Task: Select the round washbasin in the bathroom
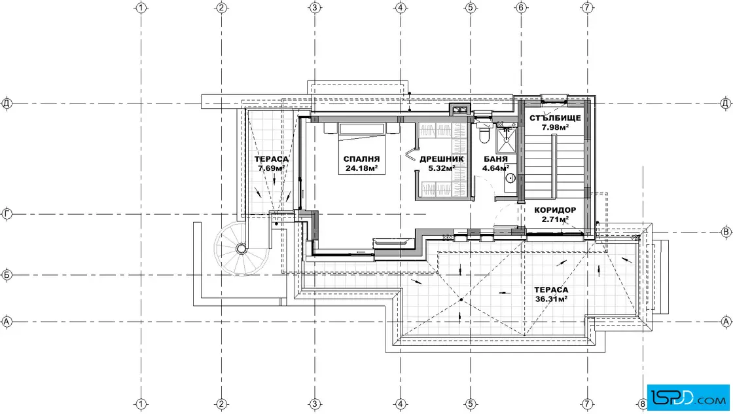pyautogui.click(x=510, y=178)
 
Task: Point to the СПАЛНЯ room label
pyautogui.click(x=361, y=159)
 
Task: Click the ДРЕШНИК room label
pyautogui.click(x=442, y=159)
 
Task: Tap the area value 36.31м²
pyautogui.click(x=551, y=299)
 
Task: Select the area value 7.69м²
pyautogui.click(x=271, y=168)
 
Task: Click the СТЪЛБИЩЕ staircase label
pyautogui.click(x=556, y=118)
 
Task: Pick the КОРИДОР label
pyautogui.click(x=556, y=210)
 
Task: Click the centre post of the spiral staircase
pyautogui.click(x=241, y=248)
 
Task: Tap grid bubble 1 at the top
pyautogui.click(x=141, y=7)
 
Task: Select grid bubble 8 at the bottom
pyautogui.click(x=643, y=404)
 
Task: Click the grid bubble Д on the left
pyautogui.click(x=7, y=103)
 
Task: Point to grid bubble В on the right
pyautogui.click(x=726, y=231)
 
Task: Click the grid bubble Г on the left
pyautogui.click(x=7, y=214)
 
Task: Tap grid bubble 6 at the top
pyautogui.click(x=521, y=7)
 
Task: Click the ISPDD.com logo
pyautogui.click(x=688, y=398)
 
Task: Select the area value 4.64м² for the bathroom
pyautogui.click(x=496, y=168)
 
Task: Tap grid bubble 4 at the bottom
pyautogui.click(x=401, y=404)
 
